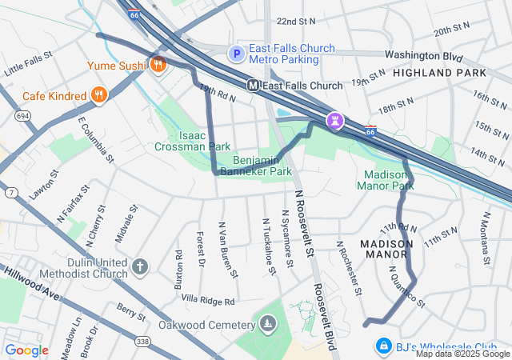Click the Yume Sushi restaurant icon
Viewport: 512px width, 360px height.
158,65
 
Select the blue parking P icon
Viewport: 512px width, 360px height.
236,54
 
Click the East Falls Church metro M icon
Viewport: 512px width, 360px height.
253,85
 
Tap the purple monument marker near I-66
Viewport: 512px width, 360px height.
335,121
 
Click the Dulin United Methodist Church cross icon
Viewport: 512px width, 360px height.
139,266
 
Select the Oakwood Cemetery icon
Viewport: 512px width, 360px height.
266,324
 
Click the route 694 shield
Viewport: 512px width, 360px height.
22,117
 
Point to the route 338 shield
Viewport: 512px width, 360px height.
142,320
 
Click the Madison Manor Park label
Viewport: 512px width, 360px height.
389,180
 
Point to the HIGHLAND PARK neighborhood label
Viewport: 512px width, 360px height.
439,73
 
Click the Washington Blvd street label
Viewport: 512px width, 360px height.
424,55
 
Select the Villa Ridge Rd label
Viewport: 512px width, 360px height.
208,302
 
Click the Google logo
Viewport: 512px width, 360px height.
27,350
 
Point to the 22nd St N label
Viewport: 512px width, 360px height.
296,21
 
